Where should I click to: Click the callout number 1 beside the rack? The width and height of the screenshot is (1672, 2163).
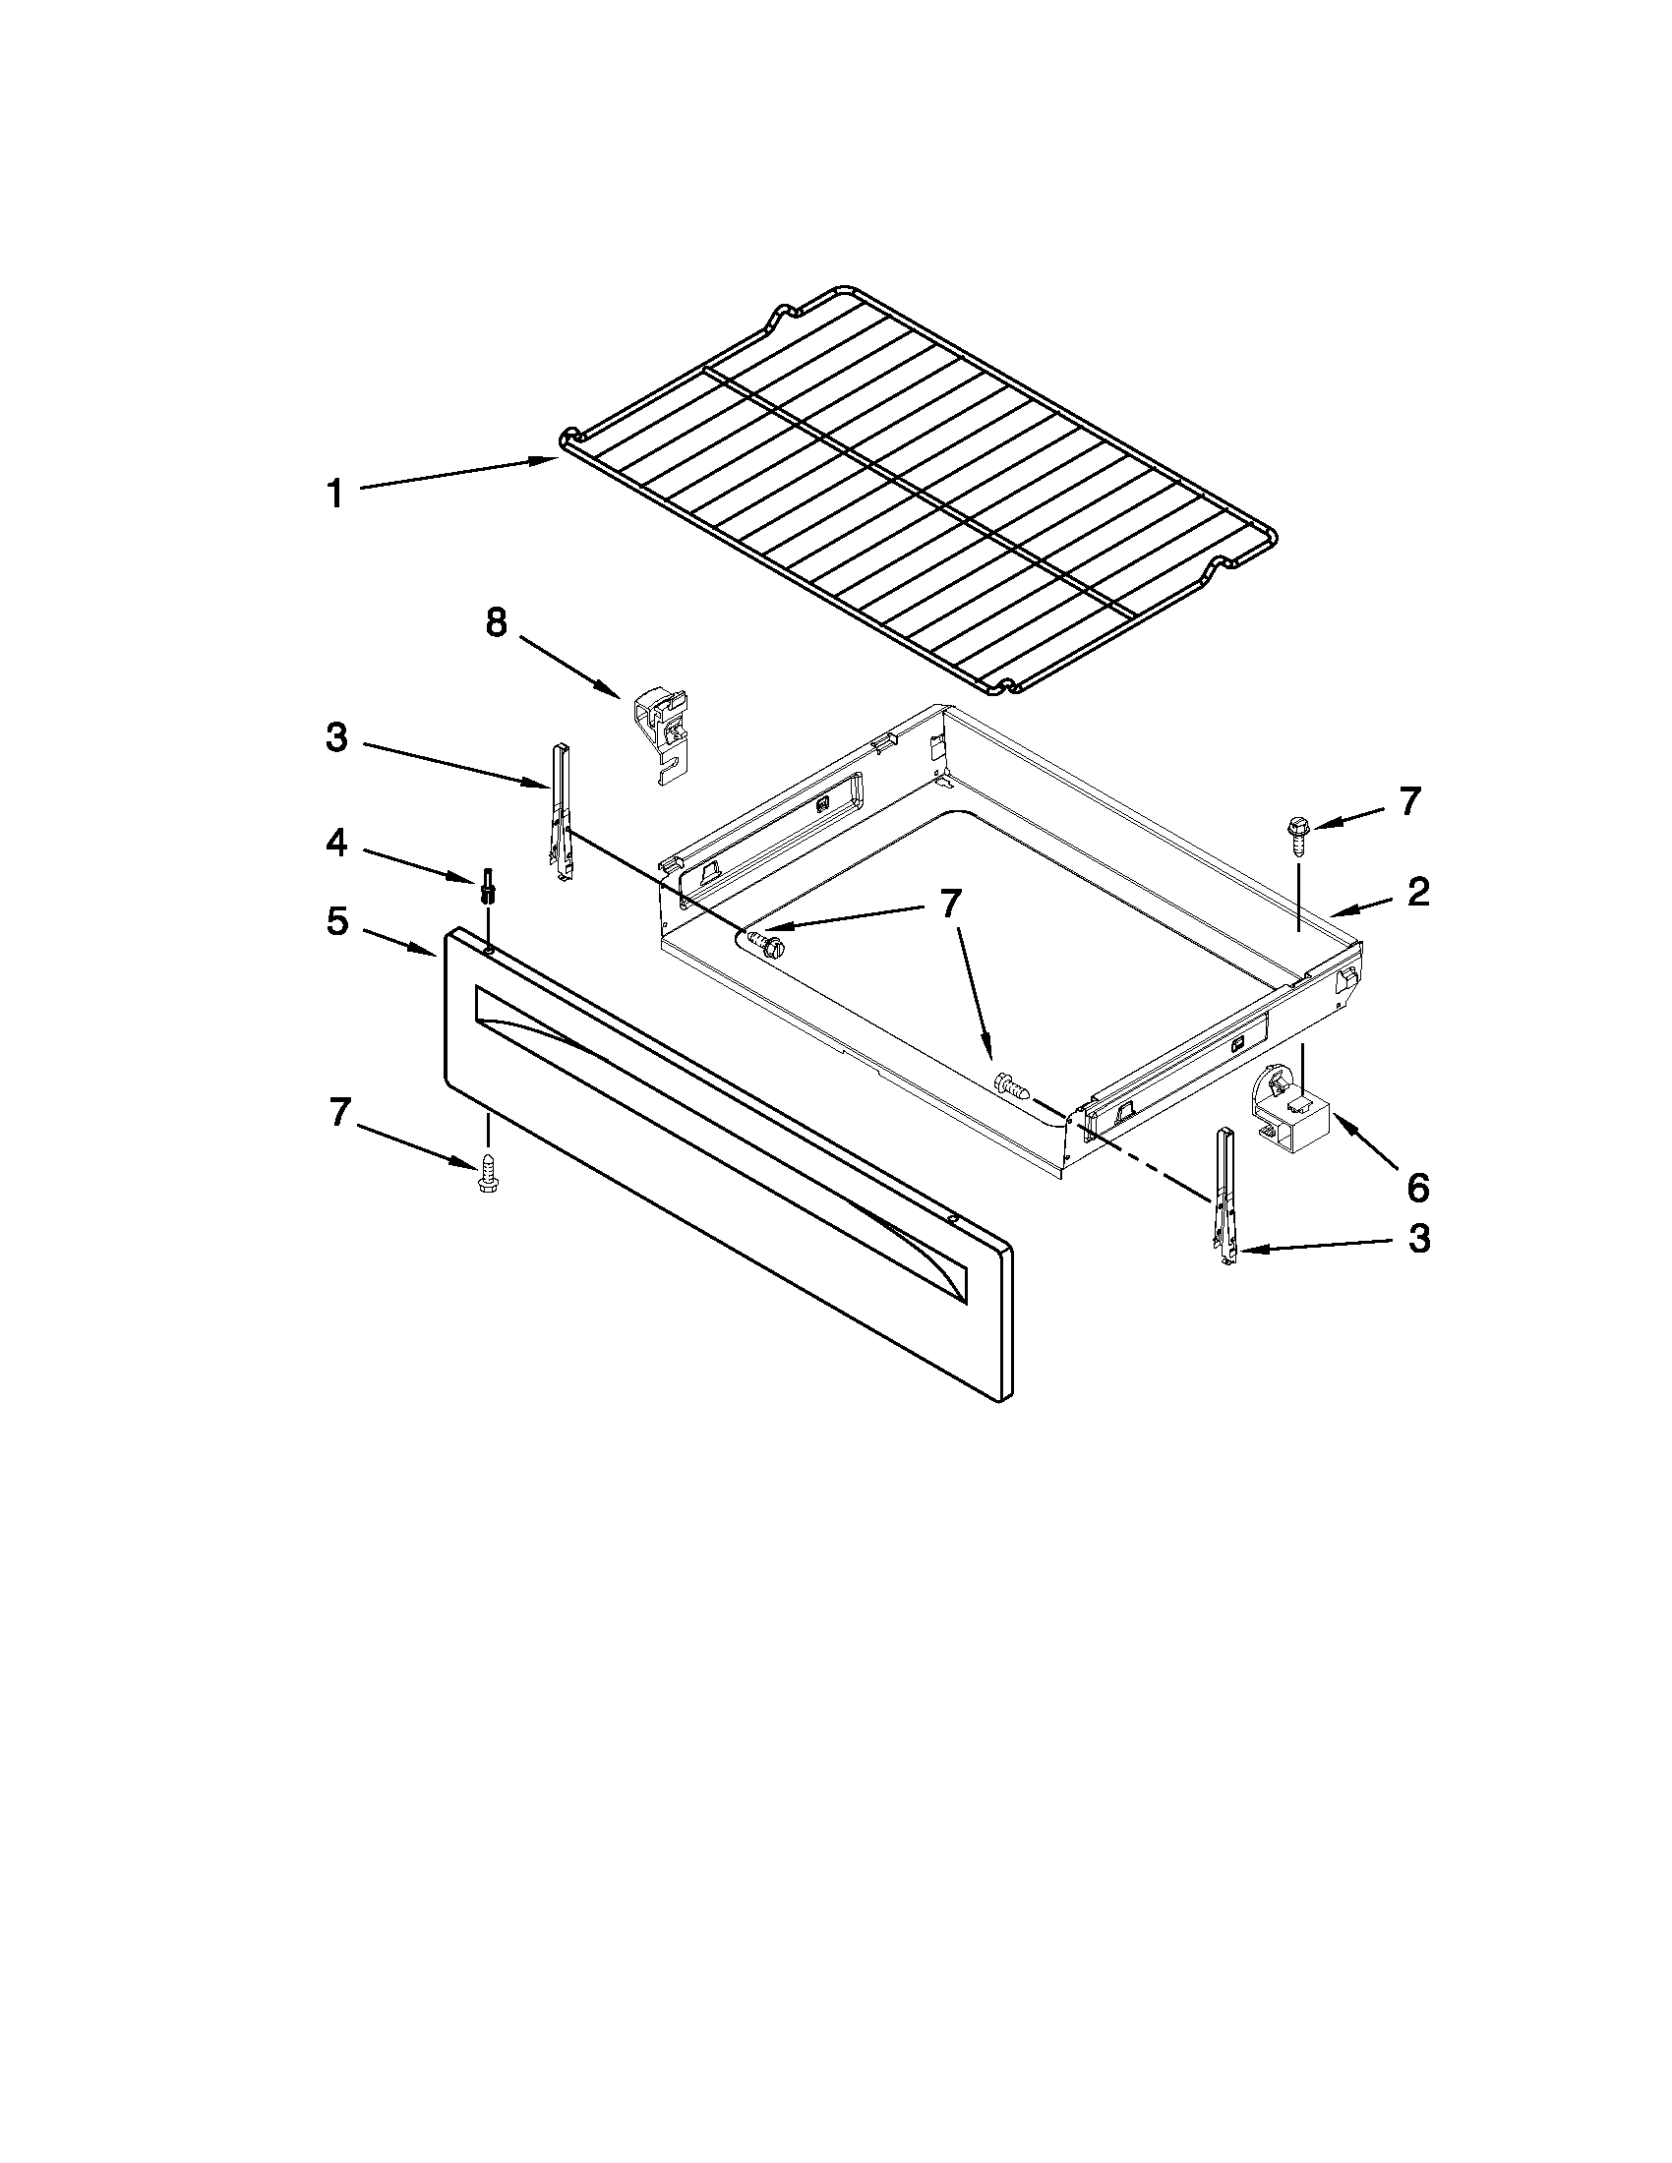click(x=335, y=494)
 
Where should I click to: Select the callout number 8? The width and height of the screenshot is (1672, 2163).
click(x=496, y=623)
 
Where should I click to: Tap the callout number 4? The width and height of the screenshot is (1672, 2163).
click(x=336, y=844)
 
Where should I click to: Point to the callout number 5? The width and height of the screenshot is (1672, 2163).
click(x=336, y=922)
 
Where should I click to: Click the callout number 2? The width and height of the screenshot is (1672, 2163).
click(x=1418, y=892)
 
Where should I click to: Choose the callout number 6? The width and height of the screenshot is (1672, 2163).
click(x=1417, y=1186)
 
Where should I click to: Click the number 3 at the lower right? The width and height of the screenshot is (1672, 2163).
click(x=1418, y=1238)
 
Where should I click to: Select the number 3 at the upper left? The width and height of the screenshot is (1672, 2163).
click(x=336, y=737)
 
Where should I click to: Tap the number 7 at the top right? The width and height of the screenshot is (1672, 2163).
click(x=1408, y=800)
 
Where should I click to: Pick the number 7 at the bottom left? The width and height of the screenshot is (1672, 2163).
click(x=338, y=1113)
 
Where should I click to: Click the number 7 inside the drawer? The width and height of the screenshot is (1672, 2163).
click(x=950, y=904)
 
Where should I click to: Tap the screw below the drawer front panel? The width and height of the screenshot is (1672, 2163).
click(x=487, y=1174)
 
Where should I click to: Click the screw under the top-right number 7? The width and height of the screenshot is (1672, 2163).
click(x=1296, y=834)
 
